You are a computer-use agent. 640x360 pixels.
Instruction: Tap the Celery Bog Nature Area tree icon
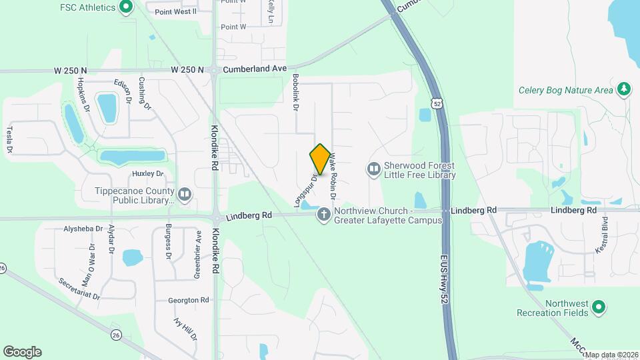click(624, 89)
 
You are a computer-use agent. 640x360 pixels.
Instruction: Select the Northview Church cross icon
click(324, 215)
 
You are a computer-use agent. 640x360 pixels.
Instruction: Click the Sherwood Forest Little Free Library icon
click(373, 170)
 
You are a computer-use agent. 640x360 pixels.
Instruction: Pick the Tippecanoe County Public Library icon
click(185, 195)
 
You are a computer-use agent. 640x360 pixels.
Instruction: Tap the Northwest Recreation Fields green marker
click(599, 307)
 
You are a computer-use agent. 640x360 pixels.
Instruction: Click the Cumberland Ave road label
click(255, 69)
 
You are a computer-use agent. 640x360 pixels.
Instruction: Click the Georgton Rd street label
click(189, 301)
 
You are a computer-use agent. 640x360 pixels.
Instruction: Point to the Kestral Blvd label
click(605, 233)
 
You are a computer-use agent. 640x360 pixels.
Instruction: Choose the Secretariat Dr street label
click(79, 289)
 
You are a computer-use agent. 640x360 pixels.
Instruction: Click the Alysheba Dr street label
click(83, 228)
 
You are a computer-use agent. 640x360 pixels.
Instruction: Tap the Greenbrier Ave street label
click(198, 245)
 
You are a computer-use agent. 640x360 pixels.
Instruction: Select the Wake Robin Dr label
click(332, 177)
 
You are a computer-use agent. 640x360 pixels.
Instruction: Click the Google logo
click(22, 352)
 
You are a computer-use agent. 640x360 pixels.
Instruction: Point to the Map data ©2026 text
click(611, 355)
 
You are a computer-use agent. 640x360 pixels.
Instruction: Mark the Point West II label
click(175, 11)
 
